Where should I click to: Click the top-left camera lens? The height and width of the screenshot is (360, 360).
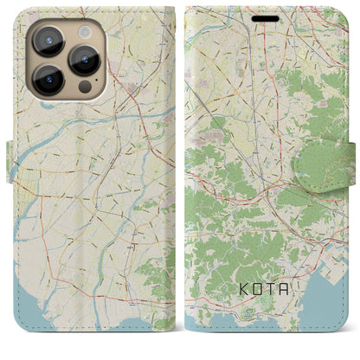click(x=47, y=40)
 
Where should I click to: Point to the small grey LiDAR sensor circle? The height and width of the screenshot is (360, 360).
click(x=84, y=87)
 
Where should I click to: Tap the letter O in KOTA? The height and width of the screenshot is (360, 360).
click(x=257, y=308)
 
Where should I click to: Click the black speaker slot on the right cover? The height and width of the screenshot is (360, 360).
click(x=266, y=16)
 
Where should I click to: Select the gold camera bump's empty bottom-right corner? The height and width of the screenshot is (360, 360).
click(x=104, y=92)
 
